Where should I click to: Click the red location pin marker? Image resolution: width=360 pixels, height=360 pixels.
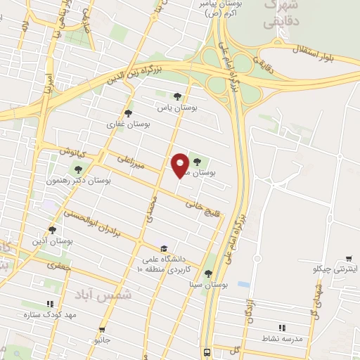[180, 165]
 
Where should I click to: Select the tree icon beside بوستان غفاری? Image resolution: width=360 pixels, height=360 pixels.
[127, 112]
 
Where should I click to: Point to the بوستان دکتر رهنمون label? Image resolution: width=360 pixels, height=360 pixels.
[107, 181]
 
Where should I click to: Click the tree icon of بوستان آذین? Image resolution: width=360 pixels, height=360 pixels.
[52, 230]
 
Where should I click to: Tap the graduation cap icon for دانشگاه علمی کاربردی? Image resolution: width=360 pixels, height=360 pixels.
[163, 248]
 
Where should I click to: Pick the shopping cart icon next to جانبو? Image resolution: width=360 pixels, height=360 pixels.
[103, 329]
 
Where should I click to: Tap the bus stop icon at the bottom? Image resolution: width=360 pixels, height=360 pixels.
[207, 352]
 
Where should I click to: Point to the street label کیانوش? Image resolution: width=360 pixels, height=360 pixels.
[71, 152]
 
